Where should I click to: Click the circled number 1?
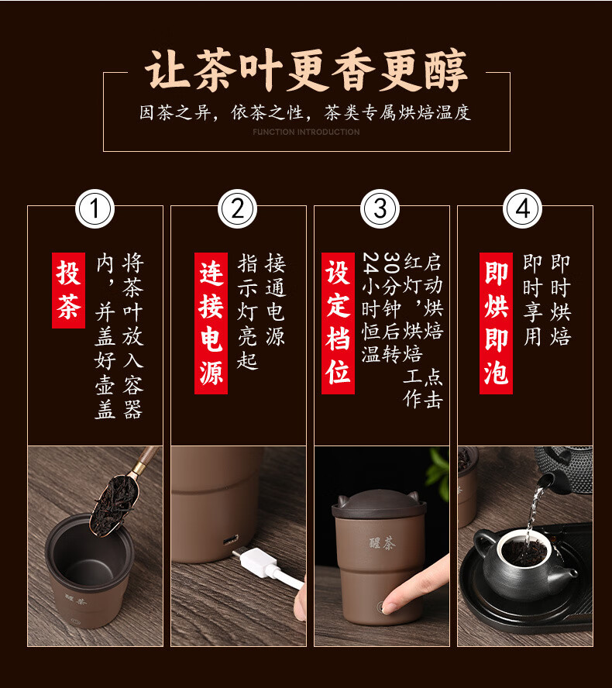click(x=95, y=209)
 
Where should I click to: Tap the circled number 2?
click(x=237, y=209)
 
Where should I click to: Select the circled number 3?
click(x=380, y=209)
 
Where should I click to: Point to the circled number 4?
click(x=522, y=209)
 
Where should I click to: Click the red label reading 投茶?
click(x=68, y=290)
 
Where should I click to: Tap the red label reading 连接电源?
click(x=211, y=323)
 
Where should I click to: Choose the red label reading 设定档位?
click(x=338, y=323)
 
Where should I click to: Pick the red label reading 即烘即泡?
click(x=496, y=323)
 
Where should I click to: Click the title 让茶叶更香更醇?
click(x=306, y=71)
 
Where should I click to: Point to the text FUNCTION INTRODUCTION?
click(x=306, y=132)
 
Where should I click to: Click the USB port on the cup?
click(x=230, y=539)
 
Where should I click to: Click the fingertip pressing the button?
click(x=390, y=604)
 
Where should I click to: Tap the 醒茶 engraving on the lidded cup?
click(x=382, y=544)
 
